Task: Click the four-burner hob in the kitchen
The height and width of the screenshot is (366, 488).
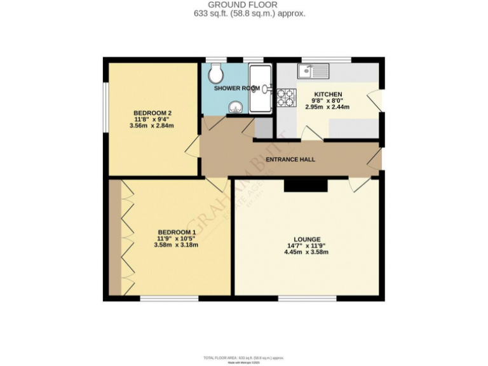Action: [287, 97]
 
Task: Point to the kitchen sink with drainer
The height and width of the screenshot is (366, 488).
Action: [313, 71]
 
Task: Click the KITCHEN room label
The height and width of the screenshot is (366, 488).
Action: [328, 94]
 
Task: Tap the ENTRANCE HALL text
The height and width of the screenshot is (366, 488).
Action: [290, 159]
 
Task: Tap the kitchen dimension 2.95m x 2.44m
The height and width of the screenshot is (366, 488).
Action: [328, 107]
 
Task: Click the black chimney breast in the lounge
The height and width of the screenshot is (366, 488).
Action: [306, 184]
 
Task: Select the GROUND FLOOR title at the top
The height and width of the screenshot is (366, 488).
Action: [244, 4]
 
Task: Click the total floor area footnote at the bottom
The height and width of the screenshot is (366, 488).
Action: [244, 358]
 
